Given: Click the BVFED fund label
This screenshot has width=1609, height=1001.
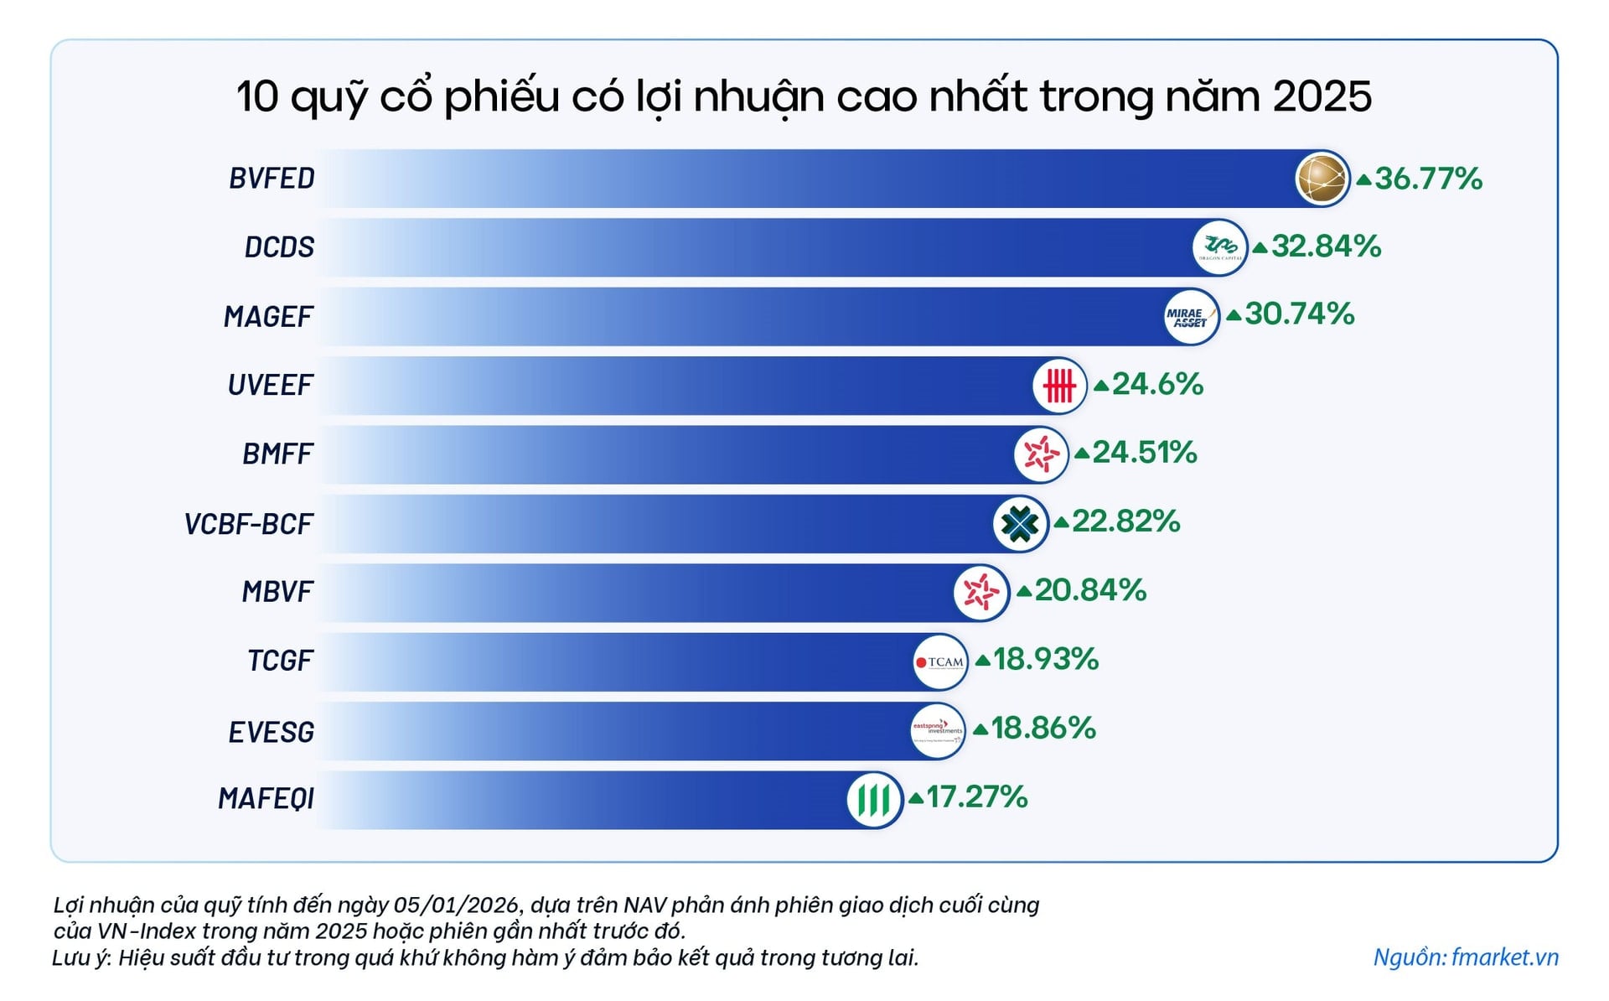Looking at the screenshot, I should point(272,179).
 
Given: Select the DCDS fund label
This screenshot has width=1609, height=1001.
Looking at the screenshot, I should point(279,247).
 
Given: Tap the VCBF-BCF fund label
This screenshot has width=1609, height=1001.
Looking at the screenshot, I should point(248,524).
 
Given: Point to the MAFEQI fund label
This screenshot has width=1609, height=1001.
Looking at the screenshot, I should point(266,799).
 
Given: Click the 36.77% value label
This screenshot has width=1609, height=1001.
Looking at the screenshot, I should point(1428,179).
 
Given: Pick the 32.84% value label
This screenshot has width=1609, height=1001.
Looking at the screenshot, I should point(1326,246).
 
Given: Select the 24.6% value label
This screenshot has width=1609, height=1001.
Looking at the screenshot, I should point(1157,384).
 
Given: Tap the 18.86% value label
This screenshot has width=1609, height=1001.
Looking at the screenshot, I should point(1043,728).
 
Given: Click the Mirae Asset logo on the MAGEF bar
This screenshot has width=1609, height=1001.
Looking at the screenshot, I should point(1191,316).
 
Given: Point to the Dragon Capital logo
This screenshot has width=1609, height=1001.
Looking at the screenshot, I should point(1219,247).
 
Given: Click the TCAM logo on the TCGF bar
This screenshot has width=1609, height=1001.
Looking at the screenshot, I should point(940,661).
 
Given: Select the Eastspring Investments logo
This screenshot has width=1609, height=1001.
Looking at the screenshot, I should point(938,730).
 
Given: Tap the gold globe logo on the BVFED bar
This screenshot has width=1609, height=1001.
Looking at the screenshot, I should point(1322,179).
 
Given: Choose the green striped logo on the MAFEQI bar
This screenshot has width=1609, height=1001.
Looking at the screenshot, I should point(874,799).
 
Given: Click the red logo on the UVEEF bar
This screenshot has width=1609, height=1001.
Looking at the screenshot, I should point(1059,386).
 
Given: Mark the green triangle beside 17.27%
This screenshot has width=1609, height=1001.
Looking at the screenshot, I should point(916,798).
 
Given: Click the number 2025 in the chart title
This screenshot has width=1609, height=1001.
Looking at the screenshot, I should point(1322,96).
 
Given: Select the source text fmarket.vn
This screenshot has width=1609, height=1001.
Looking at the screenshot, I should point(1504,957).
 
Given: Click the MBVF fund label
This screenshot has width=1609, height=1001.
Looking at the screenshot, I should point(277,592).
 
